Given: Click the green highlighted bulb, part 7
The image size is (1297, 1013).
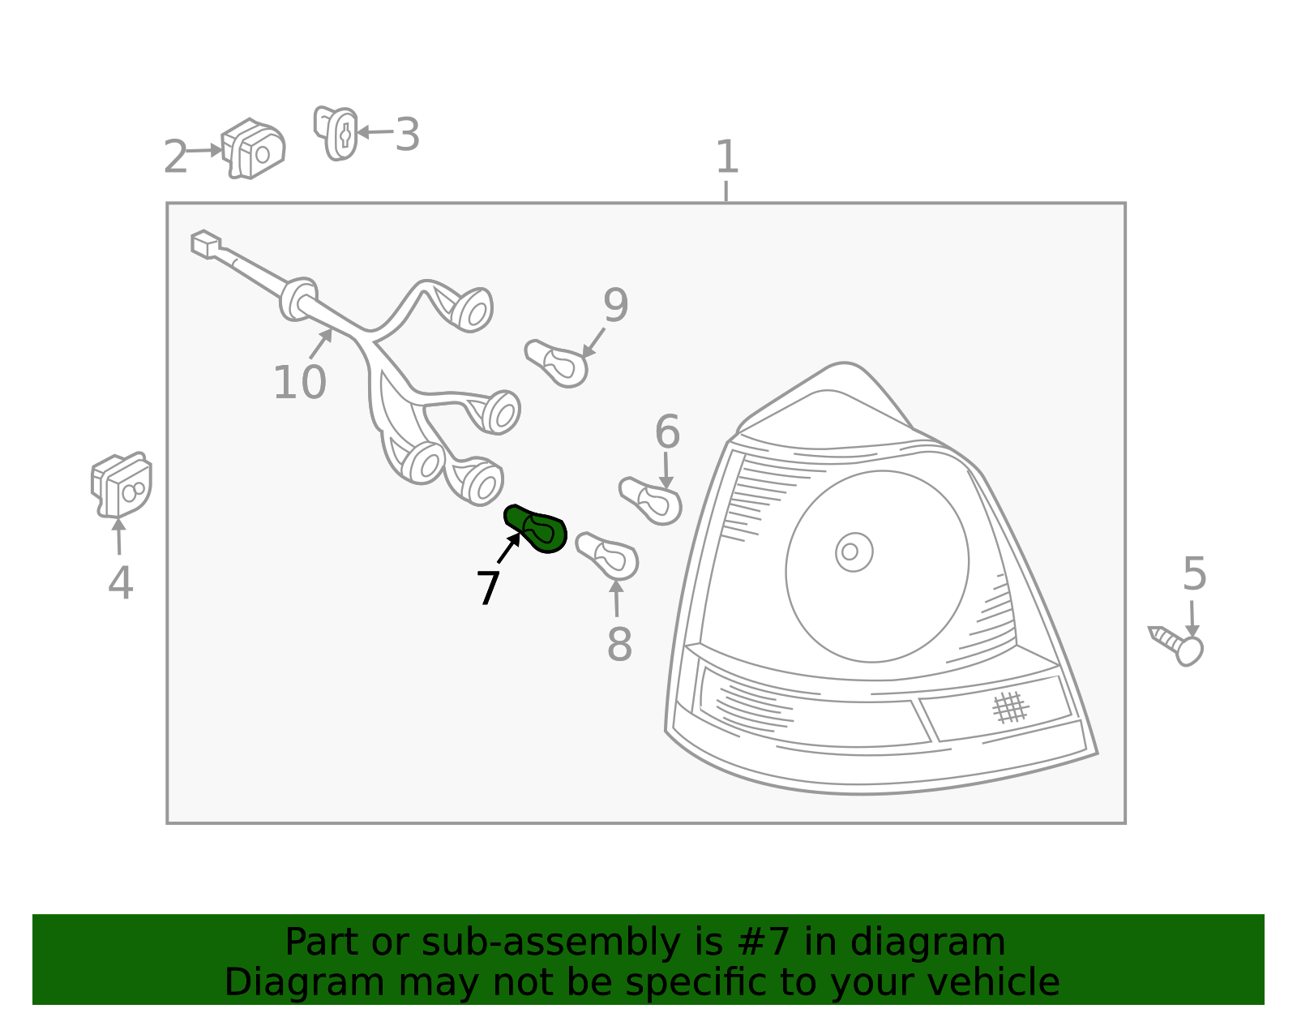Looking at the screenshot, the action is pyautogui.click(x=535, y=528).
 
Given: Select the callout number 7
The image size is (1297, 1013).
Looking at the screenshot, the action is pyautogui.click(x=488, y=588).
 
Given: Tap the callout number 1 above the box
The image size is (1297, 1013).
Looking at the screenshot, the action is pyautogui.click(x=726, y=157).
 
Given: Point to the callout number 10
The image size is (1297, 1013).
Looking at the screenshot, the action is pyautogui.click(x=300, y=383).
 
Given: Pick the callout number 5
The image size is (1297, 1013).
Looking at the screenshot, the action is pyautogui.click(x=1194, y=573).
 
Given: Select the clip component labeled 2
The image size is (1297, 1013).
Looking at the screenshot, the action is pyautogui.click(x=253, y=148).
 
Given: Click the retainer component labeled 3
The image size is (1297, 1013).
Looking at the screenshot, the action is pyautogui.click(x=336, y=133).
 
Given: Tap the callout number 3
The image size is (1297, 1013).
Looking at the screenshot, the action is pyautogui.click(x=408, y=135).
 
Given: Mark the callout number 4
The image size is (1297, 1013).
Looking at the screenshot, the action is pyautogui.click(x=120, y=582).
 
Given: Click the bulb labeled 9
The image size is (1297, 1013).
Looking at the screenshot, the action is pyautogui.click(x=556, y=363).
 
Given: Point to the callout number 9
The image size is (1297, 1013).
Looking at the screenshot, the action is pyautogui.click(x=615, y=305).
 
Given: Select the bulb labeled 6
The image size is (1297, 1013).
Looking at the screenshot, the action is pyautogui.click(x=651, y=501).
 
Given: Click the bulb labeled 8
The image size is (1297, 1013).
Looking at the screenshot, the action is pyautogui.click(x=607, y=556).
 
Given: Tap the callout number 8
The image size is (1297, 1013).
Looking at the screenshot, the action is pyautogui.click(x=619, y=644).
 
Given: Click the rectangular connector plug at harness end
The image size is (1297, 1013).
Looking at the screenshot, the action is pyautogui.click(x=206, y=244).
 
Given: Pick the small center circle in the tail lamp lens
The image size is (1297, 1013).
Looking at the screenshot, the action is pyautogui.click(x=854, y=552).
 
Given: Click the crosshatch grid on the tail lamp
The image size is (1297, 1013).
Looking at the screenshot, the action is pyautogui.click(x=1010, y=708).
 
